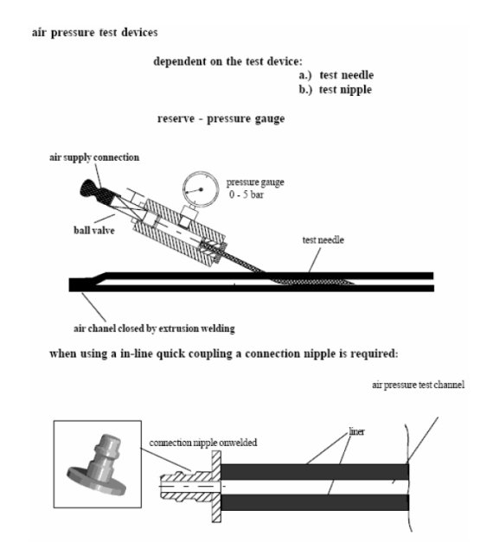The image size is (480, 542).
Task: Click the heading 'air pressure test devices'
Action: [x=95, y=33]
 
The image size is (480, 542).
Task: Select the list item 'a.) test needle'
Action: [x=336, y=75]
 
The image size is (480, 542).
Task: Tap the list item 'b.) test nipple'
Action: [x=336, y=90]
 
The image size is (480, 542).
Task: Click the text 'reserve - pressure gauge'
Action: [x=221, y=119]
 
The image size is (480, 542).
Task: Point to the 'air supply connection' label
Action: [x=94, y=157]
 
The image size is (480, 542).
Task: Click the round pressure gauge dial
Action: [x=201, y=189]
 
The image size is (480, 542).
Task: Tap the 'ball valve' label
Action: [x=94, y=230]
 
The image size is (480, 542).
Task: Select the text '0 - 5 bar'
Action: [x=246, y=194]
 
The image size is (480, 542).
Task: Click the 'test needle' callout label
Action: [x=323, y=240]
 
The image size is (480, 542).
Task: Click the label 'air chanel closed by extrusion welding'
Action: [x=154, y=328]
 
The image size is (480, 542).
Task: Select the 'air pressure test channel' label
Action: [x=418, y=385]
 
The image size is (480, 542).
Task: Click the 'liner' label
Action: [x=357, y=431]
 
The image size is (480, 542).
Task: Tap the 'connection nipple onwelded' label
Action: [x=203, y=443]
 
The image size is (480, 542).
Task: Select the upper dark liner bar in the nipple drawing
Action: [x=315, y=471]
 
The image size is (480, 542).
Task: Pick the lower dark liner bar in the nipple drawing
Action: [x=315, y=502]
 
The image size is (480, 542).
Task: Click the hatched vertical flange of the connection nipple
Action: [x=216, y=487]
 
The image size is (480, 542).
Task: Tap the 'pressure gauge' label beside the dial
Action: [x=255, y=182]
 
